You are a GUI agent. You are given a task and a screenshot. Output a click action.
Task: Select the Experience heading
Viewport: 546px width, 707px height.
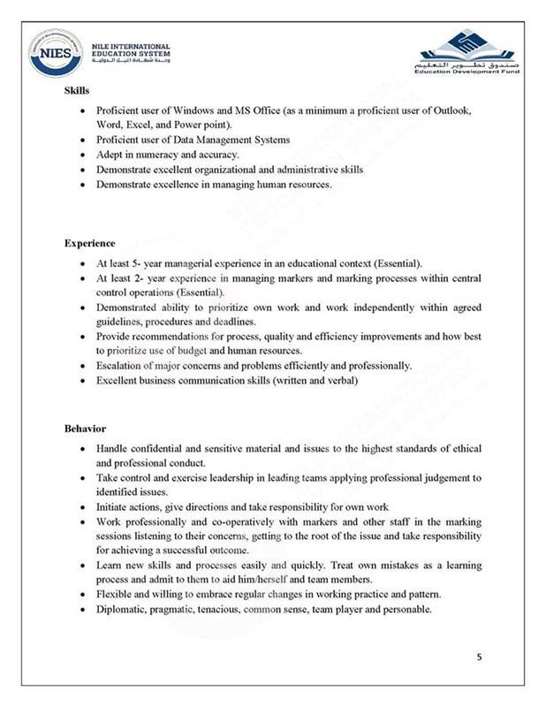pos(89,242)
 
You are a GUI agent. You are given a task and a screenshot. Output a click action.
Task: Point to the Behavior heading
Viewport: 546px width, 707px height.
pos(85,429)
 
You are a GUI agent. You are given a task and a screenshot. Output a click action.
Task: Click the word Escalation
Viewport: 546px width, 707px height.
pos(120,365)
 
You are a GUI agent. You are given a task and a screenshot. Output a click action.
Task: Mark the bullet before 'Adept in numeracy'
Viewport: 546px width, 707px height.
pos(82,155)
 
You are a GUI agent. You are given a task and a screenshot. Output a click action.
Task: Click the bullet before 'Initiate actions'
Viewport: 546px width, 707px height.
pos(82,507)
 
